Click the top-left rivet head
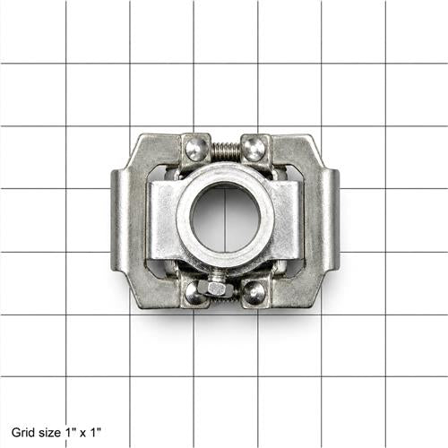tap(197, 148)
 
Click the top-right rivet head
tap(254, 148)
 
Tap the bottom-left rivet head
tap(195, 293)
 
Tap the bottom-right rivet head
tap(254, 292)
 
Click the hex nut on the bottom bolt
tap(215, 289)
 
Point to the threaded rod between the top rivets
tap(226, 151)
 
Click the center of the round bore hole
tap(225, 218)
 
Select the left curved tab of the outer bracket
tap(121, 220)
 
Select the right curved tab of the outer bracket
tap(329, 220)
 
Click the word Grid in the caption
tap(21, 432)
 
